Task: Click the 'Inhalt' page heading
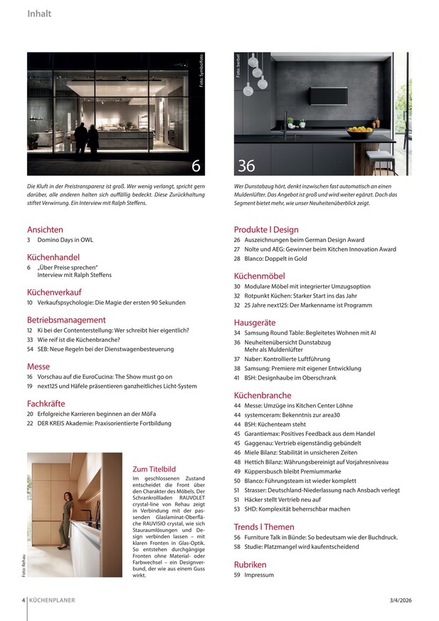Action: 39,14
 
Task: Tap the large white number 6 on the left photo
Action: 196,166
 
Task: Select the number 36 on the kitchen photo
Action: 246,166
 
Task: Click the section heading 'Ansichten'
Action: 46,230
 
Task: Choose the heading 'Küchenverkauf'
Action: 54,292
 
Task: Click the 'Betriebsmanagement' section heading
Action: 66,320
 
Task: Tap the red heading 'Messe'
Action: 38,365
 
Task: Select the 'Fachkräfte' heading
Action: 46,403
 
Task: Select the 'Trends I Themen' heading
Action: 263,527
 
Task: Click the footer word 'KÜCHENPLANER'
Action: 52,600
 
